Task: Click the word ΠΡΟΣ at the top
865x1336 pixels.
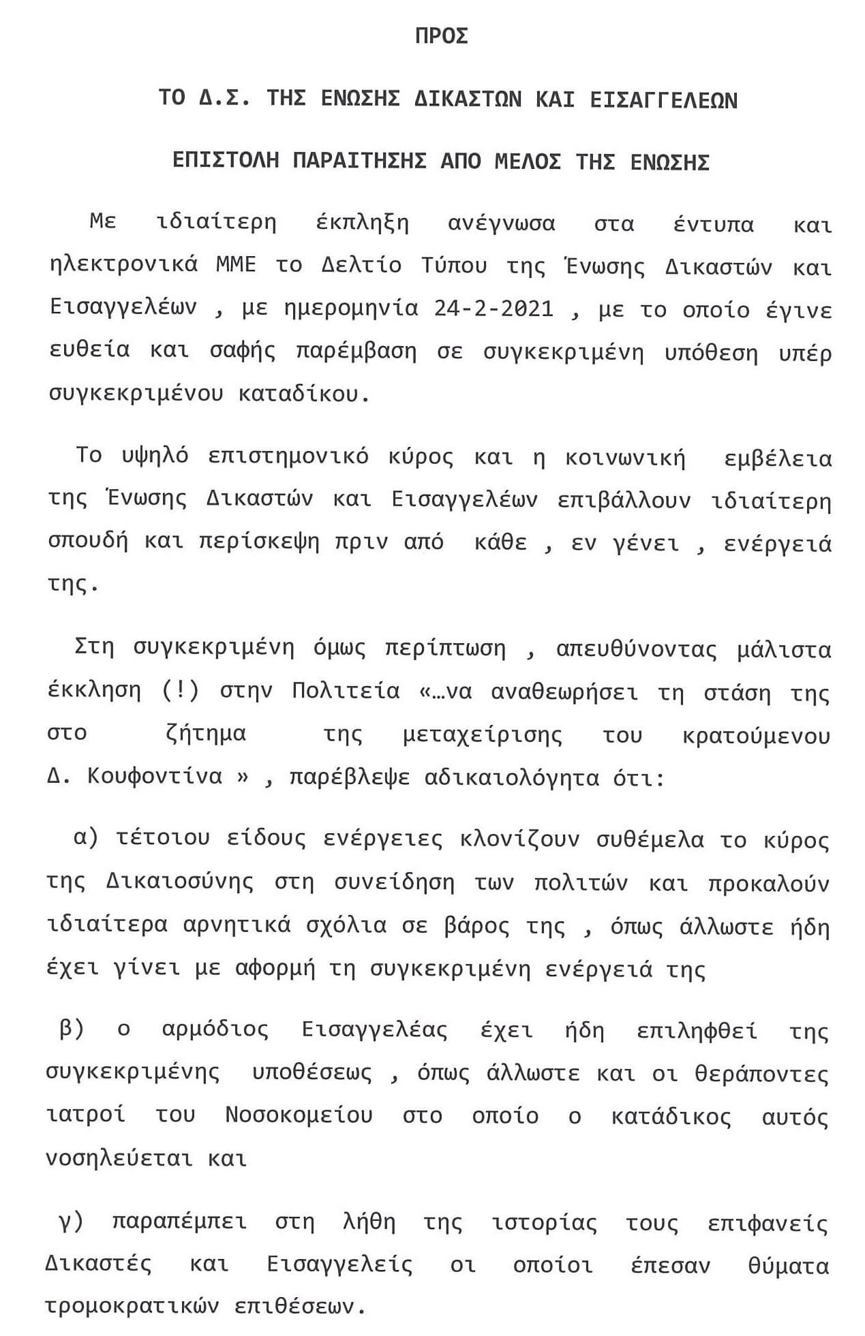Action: (441, 36)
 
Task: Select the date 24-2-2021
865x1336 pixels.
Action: (494, 309)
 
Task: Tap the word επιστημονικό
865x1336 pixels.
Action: (288, 456)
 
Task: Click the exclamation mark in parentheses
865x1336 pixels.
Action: (181, 691)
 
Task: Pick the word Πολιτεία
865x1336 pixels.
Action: (346, 691)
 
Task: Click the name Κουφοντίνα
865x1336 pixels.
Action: (155, 777)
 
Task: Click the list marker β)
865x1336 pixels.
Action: (72, 1029)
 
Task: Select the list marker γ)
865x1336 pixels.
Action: (71, 1222)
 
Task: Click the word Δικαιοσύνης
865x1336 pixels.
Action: (180, 882)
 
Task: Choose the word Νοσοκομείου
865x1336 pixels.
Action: (299, 1115)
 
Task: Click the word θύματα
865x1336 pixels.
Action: (788, 1265)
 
